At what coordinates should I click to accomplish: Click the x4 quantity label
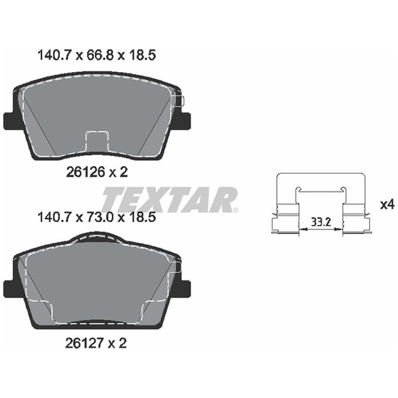tap(387, 204)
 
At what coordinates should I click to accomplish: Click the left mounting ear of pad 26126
tap(10, 120)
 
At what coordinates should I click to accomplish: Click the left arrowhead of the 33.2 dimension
tap(301, 229)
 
